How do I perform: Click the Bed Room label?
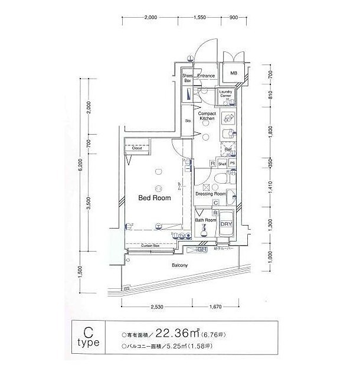pos(154,198)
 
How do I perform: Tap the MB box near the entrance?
pos(234,74)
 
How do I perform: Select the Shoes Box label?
pos(188,78)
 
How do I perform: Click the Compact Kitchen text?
pos(207,116)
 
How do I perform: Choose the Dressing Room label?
pos(211,193)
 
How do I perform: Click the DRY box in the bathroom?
pos(226,224)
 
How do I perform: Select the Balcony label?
pos(179,266)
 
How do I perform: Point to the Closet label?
pos(137,149)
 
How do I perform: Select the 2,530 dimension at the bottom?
pos(156,307)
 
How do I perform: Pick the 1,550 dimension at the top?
pos(198,18)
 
